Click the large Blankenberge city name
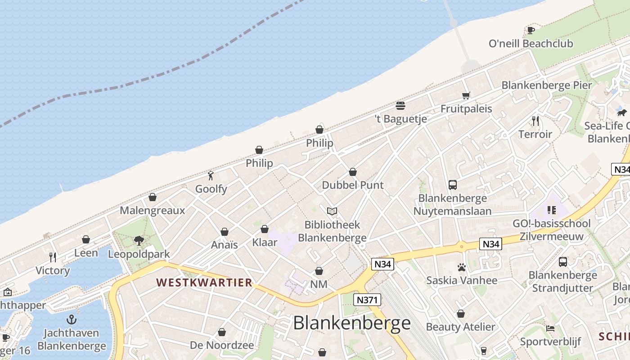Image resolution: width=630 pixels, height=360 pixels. click(351, 323)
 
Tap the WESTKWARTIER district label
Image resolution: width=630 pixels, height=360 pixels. click(204, 283)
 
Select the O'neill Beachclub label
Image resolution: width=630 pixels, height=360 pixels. click(531, 44)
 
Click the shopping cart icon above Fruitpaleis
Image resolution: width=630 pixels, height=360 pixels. click(466, 95)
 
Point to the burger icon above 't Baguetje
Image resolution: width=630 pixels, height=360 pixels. click(400, 106)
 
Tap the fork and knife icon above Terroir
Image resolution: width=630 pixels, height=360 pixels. click(535, 121)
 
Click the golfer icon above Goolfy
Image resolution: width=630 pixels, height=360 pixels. click(211, 175)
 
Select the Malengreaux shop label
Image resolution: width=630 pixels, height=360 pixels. click(152, 210)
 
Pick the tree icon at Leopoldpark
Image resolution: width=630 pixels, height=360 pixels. click(139, 241)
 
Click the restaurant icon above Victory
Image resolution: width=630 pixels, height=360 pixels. click(53, 257)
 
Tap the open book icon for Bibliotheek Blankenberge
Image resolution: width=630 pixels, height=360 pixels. click(332, 211)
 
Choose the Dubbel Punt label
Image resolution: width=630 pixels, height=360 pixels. click(353, 185)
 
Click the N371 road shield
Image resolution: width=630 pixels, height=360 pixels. click(367, 300)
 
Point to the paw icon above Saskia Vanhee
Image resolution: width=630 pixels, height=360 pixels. click(461, 267)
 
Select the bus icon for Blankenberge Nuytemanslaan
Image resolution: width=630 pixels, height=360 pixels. click(453, 184)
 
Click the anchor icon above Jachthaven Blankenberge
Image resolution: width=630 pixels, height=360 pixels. click(71, 319)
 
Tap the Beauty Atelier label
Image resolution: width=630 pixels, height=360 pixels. click(460, 327)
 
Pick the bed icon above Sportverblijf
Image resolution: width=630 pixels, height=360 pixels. click(550, 328)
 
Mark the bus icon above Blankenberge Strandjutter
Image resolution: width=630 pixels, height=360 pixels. click(562, 262)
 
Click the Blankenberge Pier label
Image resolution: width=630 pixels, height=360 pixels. click(547, 85)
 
